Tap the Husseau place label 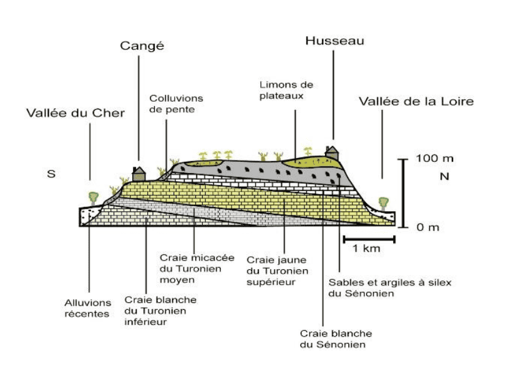[334, 41]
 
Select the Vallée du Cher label [75, 113]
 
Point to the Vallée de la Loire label [416, 101]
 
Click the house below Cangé [139, 172]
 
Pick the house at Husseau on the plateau [333, 152]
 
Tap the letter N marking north [445, 177]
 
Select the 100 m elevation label [435, 158]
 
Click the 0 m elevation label [428, 227]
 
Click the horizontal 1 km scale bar [369, 238]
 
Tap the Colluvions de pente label [176, 104]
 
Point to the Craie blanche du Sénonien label [336, 339]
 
